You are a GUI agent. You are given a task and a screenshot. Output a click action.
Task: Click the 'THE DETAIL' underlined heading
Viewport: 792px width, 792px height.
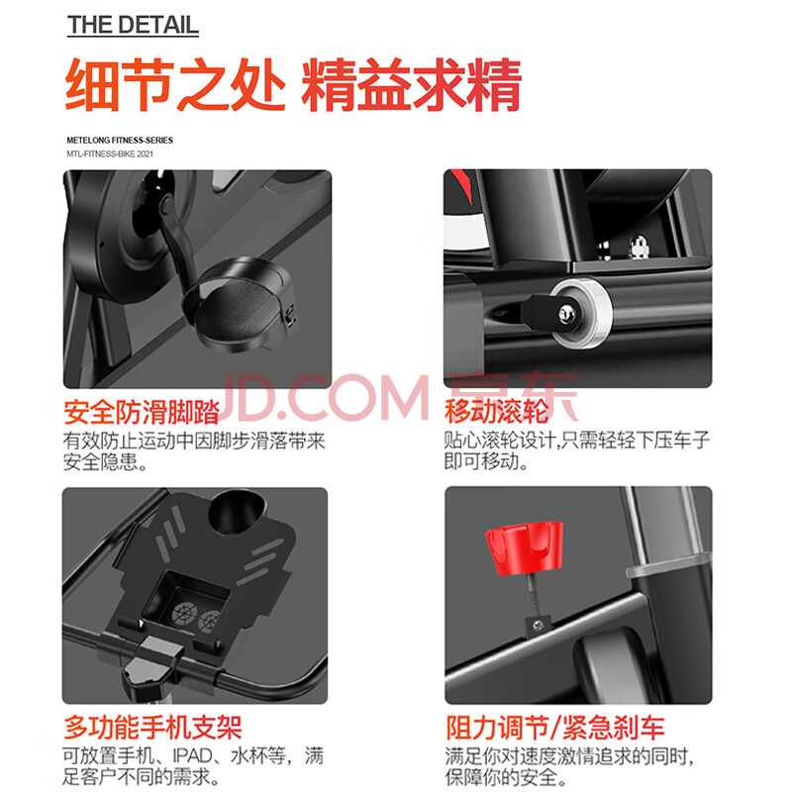click(x=133, y=26)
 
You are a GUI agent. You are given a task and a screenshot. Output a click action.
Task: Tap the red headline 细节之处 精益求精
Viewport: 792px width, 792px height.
click(x=293, y=84)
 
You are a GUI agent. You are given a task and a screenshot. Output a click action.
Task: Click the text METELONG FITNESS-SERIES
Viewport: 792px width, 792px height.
click(x=120, y=141)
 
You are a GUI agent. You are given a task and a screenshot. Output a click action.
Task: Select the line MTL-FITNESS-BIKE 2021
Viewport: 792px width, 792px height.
click(x=110, y=154)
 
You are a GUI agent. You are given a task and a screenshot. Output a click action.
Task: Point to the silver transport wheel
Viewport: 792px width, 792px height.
click(x=581, y=313)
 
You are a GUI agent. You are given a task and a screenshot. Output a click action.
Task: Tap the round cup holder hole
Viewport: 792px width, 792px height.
click(x=237, y=512)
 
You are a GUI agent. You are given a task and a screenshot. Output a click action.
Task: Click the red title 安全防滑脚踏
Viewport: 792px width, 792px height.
click(x=142, y=412)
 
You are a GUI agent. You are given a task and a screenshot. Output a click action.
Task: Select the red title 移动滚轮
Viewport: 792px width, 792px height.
click(x=497, y=411)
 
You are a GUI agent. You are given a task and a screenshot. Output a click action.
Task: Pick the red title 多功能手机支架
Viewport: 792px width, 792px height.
click(x=153, y=728)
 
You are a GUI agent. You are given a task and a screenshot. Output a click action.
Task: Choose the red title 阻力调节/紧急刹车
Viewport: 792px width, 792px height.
click(x=555, y=728)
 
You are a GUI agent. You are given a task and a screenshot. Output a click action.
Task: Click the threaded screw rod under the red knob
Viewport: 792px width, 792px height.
click(x=534, y=596)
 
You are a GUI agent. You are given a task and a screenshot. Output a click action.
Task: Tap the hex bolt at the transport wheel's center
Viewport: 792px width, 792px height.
click(x=565, y=314)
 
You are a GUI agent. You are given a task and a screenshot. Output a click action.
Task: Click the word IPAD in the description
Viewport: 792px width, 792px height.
click(x=192, y=756)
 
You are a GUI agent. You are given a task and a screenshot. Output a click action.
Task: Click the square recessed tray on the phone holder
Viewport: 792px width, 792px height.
click(x=185, y=600)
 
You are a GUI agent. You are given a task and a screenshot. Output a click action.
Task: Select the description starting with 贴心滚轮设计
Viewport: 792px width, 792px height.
click(x=577, y=450)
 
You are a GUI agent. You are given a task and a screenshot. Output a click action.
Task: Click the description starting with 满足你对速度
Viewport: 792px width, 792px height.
click(x=570, y=767)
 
